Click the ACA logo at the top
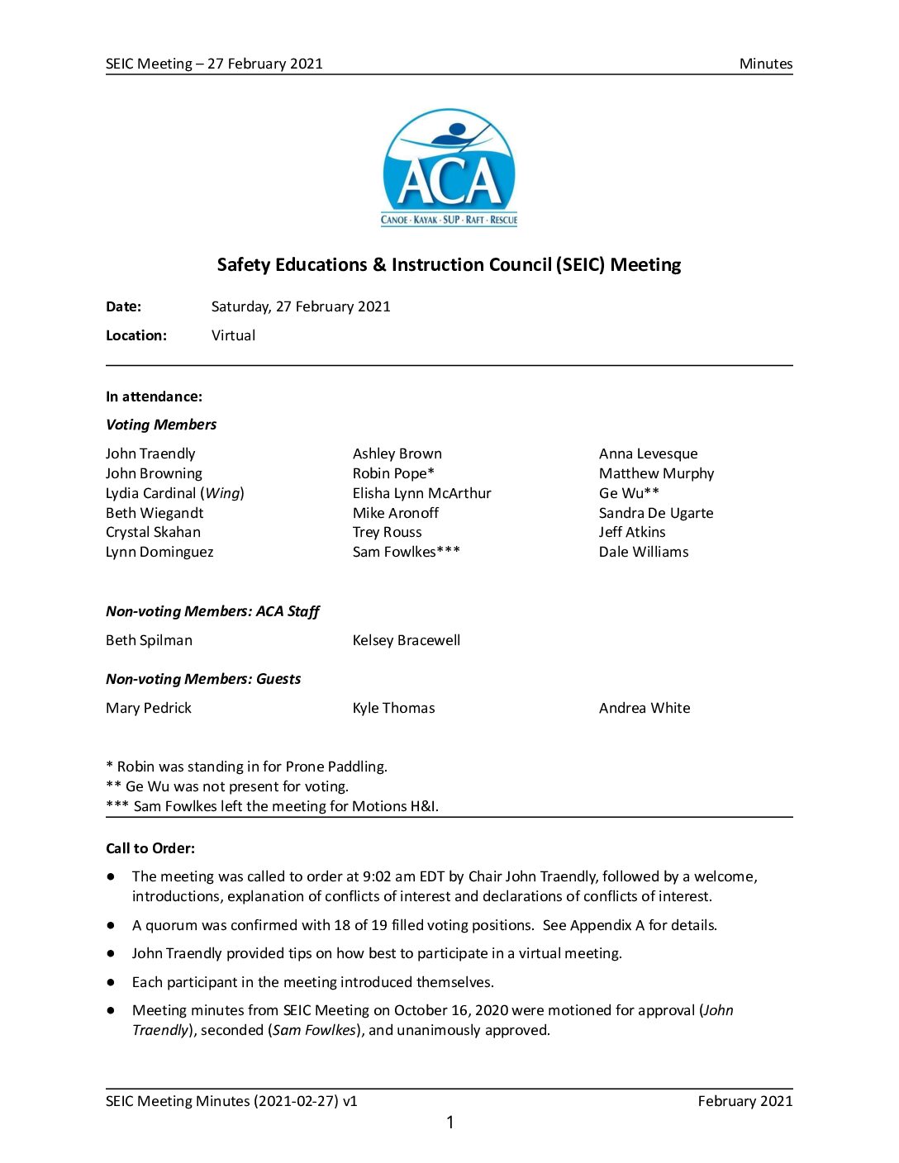point(449,168)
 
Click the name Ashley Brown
point(397,453)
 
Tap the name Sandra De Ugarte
point(655,513)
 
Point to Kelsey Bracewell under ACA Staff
point(406,640)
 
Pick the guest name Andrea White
point(644,708)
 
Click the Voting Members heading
point(161,425)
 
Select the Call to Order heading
point(150,848)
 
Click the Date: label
point(123,306)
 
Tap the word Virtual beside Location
point(233,335)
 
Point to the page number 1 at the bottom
point(449,1122)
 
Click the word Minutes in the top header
point(765,64)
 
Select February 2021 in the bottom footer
point(744,1101)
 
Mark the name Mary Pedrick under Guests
point(149,708)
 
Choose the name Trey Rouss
point(387,533)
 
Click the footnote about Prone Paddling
point(246,767)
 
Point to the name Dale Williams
point(643,552)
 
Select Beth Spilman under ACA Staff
point(149,640)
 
